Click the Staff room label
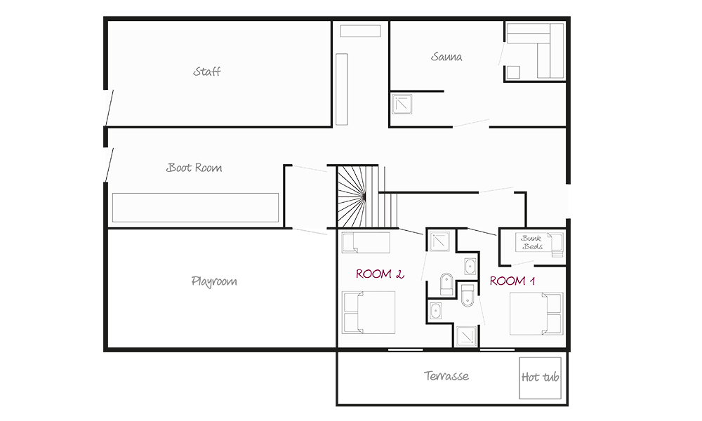click(207, 72)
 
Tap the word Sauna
click(446, 57)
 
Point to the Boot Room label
click(194, 168)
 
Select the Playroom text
click(214, 281)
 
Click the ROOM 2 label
click(380, 274)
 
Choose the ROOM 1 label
click(512, 281)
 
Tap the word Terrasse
click(446, 376)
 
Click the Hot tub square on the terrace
click(540, 378)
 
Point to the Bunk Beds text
click(532, 242)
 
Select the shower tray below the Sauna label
click(402, 103)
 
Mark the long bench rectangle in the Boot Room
click(195, 208)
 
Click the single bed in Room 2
click(366, 243)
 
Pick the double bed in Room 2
click(369, 312)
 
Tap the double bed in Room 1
click(536, 314)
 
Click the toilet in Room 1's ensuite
click(468, 295)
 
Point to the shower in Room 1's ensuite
click(466, 336)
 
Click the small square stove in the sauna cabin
click(513, 72)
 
